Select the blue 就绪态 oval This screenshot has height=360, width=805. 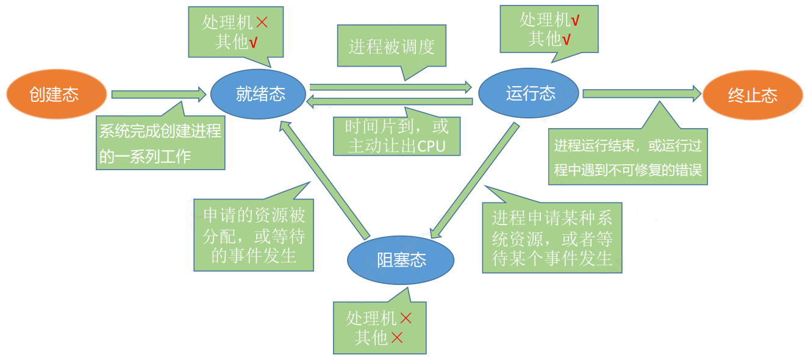pos(258,94)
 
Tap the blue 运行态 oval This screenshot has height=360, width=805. pos(528,93)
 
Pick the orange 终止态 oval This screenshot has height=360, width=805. pos(752,95)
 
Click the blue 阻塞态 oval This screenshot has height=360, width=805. pos(401,260)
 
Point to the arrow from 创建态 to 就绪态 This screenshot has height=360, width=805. pos(159,95)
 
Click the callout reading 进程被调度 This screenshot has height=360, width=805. pos(392,46)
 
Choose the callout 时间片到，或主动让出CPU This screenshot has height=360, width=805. pos(396,135)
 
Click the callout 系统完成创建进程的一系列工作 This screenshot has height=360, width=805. pos(161,143)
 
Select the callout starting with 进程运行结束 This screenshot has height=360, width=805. pos(628,157)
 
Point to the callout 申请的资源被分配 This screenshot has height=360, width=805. pos(254,234)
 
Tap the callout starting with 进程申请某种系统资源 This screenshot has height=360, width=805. pos(552,237)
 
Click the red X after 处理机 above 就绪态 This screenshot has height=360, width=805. pos(261,23)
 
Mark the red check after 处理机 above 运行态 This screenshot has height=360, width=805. pos(575,21)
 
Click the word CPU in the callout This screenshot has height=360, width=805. pos(431,146)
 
